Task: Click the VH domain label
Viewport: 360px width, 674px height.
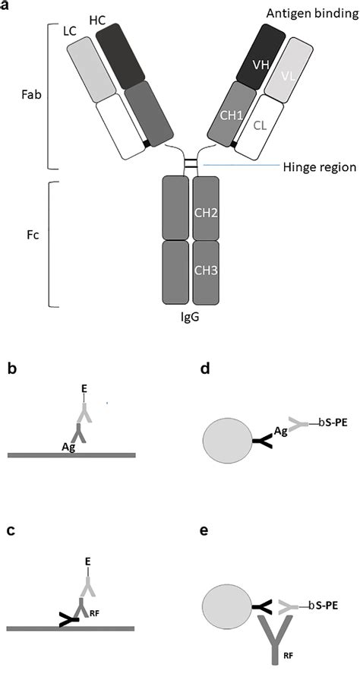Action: pos(259,65)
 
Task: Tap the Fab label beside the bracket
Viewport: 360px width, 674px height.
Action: pos(31,97)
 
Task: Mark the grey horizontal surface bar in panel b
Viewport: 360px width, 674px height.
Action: pos(71,455)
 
